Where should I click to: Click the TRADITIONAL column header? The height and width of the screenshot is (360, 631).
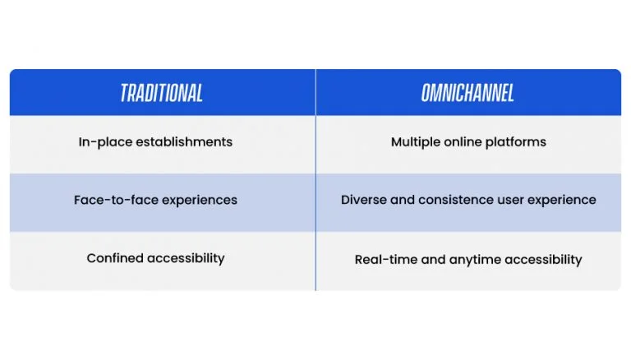(162, 93)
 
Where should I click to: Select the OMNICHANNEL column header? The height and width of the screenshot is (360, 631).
(467, 93)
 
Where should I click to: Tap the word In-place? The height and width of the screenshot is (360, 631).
(105, 142)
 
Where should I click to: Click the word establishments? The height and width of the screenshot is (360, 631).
(184, 141)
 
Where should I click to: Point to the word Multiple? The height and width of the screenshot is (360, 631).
(416, 142)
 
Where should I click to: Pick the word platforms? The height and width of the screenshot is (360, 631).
(515, 142)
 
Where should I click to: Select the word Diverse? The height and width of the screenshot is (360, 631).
(364, 200)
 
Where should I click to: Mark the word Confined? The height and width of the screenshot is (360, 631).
(115, 258)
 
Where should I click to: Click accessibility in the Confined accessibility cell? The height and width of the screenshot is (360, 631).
(186, 259)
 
